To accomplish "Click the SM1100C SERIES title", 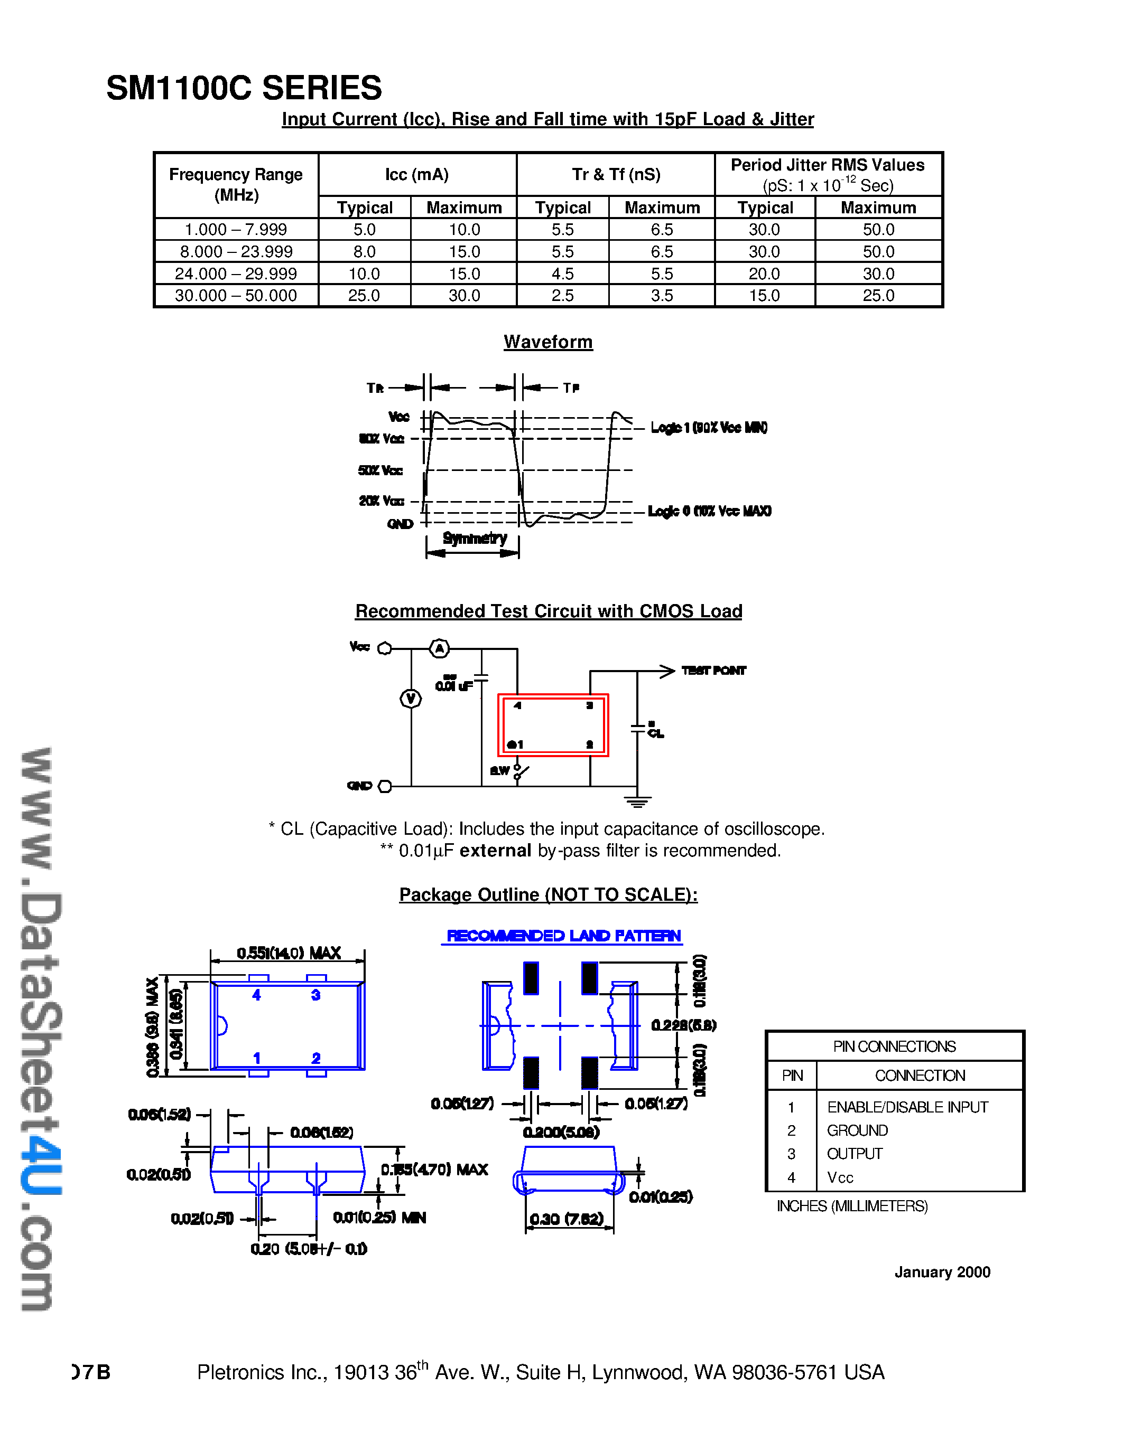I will click(x=244, y=88).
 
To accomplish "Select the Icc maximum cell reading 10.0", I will click(x=463, y=229).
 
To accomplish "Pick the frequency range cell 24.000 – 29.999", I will click(x=236, y=274).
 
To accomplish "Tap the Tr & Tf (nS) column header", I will click(x=616, y=174).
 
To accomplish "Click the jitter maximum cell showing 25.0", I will click(x=878, y=295).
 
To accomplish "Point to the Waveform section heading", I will click(x=547, y=342).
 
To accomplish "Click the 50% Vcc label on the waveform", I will click(x=380, y=470).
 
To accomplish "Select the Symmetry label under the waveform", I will click(x=475, y=538).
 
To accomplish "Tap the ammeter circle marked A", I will click(x=439, y=648).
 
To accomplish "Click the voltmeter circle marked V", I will click(x=411, y=699).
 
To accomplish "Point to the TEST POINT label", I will click(x=713, y=670).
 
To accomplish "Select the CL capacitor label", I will click(x=655, y=733).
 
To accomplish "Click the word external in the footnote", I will click(x=495, y=850).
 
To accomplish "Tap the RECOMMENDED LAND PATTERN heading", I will click(x=563, y=936).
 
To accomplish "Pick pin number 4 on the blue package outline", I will click(x=256, y=995).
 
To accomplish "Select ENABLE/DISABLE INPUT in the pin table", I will click(x=907, y=1107).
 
